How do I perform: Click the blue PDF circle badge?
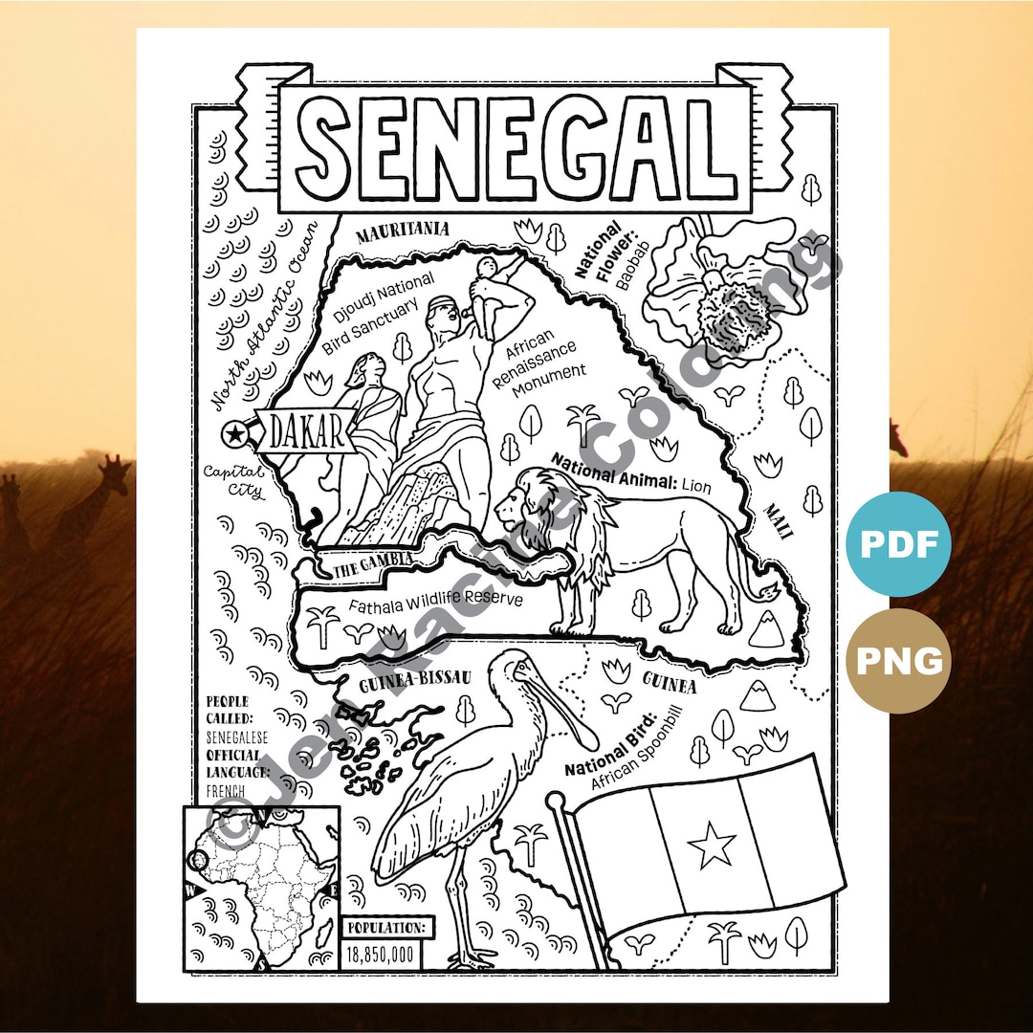point(898,544)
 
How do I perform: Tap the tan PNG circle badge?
point(898,660)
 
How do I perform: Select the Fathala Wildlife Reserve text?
point(435,603)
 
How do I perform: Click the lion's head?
point(523,506)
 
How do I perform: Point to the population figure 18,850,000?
point(380,954)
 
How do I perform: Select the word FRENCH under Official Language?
point(226,792)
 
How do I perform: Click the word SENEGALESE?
point(237,737)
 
